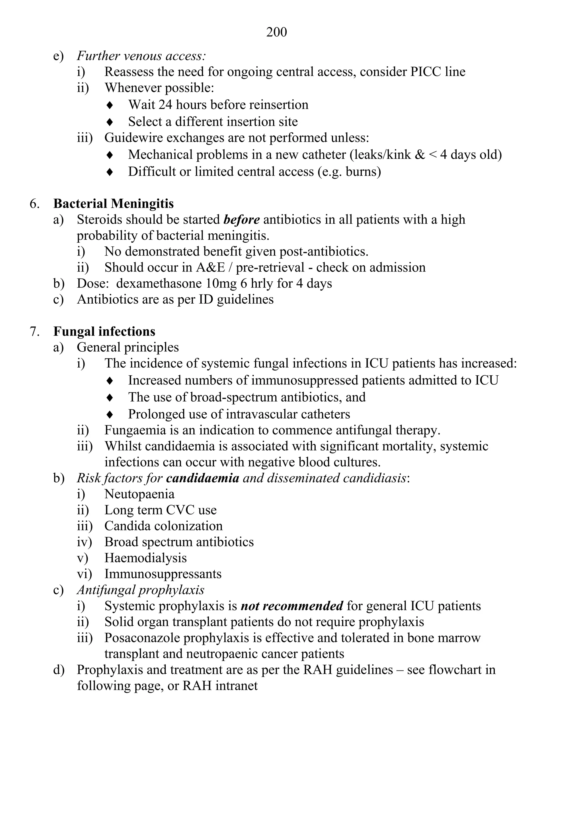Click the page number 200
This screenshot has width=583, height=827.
[276, 32]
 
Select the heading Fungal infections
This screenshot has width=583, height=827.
[104, 331]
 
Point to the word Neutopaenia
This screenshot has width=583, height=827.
[139, 494]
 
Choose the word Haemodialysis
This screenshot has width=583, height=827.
[145, 558]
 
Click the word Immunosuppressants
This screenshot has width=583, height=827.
[163, 574]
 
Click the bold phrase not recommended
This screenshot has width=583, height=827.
[291, 606]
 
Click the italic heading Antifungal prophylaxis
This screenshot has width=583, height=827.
[141, 590]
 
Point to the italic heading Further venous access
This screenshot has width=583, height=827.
[141, 56]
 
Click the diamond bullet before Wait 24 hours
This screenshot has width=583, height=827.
[110, 105]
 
